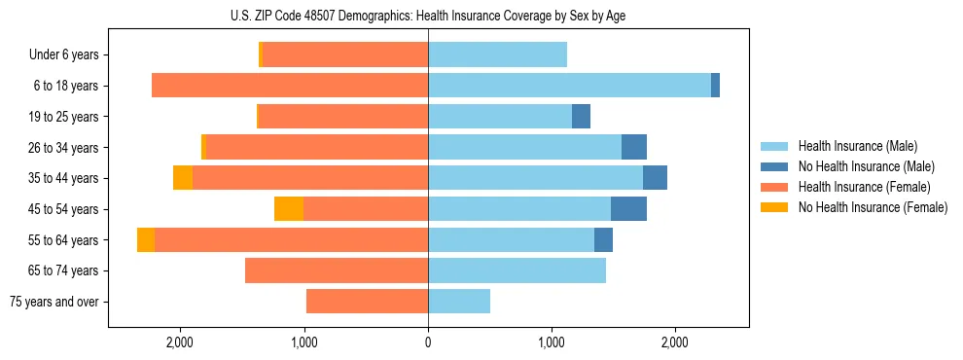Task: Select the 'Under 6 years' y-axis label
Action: [63, 55]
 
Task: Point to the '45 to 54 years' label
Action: [63, 209]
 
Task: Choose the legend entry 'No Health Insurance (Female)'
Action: [872, 207]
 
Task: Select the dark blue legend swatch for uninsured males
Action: [774, 166]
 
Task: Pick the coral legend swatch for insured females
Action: [774, 187]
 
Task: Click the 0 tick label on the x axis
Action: [428, 342]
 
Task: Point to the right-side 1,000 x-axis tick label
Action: [552, 342]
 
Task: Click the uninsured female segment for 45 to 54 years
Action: [289, 209]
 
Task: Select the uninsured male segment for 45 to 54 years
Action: [628, 209]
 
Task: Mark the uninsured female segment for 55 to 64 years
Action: [146, 240]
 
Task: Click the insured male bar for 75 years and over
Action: [459, 302]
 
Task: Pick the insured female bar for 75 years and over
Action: [368, 302]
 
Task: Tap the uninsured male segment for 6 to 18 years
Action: [715, 86]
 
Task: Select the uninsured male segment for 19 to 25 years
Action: [581, 117]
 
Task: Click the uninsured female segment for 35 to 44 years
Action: [183, 178]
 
